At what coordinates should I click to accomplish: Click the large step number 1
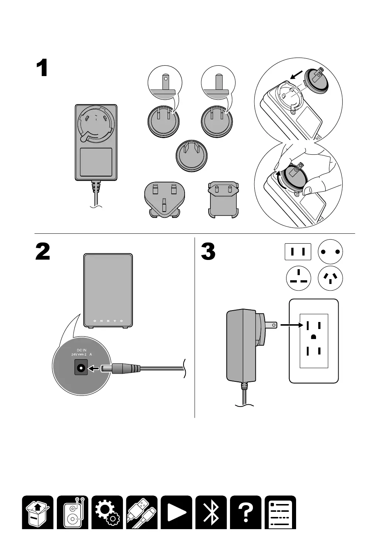42,69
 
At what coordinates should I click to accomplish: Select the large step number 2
43,252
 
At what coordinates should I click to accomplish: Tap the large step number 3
208,252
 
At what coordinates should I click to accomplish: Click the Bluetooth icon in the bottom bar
211,512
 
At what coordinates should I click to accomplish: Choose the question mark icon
246,512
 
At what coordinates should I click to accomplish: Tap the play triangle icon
176,512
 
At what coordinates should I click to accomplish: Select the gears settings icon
107,512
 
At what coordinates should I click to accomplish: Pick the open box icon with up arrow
38,512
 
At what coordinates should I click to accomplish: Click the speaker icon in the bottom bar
73,512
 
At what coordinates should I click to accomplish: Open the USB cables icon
142,512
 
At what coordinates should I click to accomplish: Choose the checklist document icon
280,512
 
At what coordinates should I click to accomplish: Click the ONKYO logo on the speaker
108,321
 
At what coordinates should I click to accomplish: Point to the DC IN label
82,350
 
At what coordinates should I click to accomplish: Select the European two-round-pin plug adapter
223,199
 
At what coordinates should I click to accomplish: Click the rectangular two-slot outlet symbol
298,252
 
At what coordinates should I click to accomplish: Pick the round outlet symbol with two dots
330,252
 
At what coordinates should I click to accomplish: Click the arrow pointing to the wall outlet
289,325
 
